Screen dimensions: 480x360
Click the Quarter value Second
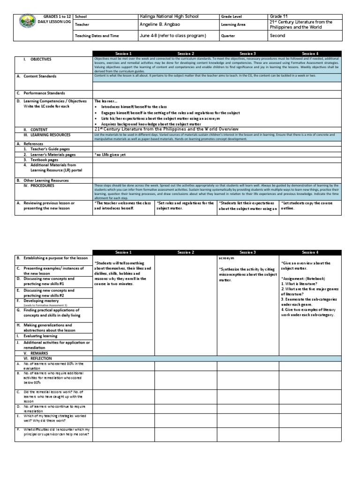[277, 36]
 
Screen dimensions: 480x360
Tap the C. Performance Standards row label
[43, 93]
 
